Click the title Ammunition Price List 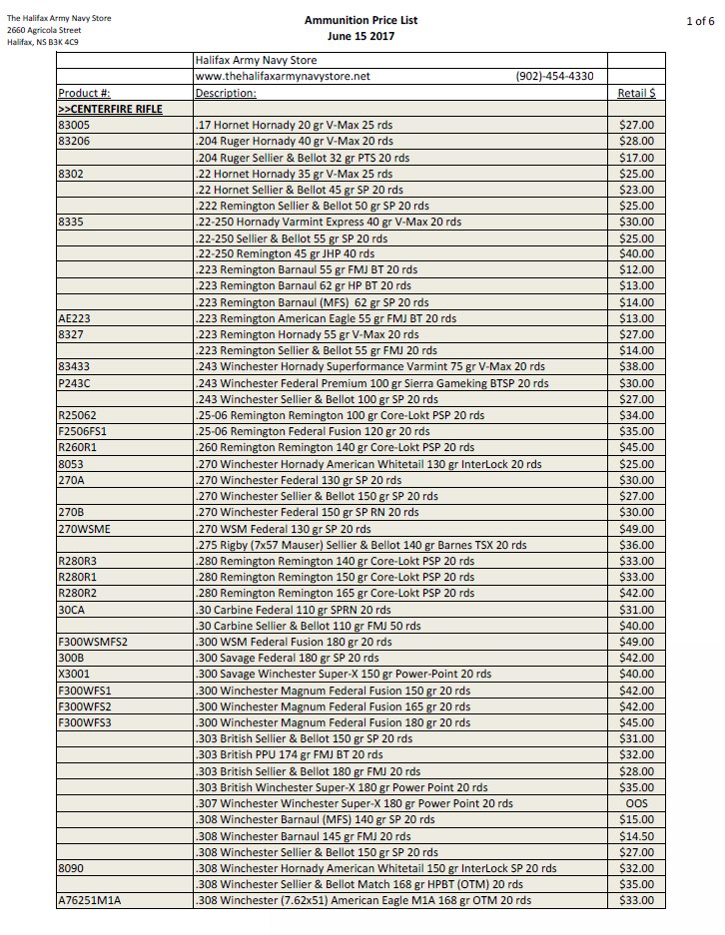click(x=361, y=20)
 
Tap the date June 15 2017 click(x=361, y=37)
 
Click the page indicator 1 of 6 click(x=700, y=20)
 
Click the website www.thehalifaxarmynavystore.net click(x=283, y=77)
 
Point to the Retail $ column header click(x=636, y=93)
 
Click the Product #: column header click(x=85, y=93)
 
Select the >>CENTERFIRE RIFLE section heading click(x=110, y=109)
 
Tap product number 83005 click(x=74, y=126)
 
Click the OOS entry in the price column click(x=636, y=803)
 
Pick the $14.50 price click(x=636, y=836)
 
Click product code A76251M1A click(x=90, y=901)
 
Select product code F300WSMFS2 click(x=94, y=642)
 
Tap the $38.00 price click(x=636, y=367)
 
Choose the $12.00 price click(x=636, y=270)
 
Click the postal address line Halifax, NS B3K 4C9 click(x=43, y=43)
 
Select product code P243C click(x=75, y=383)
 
